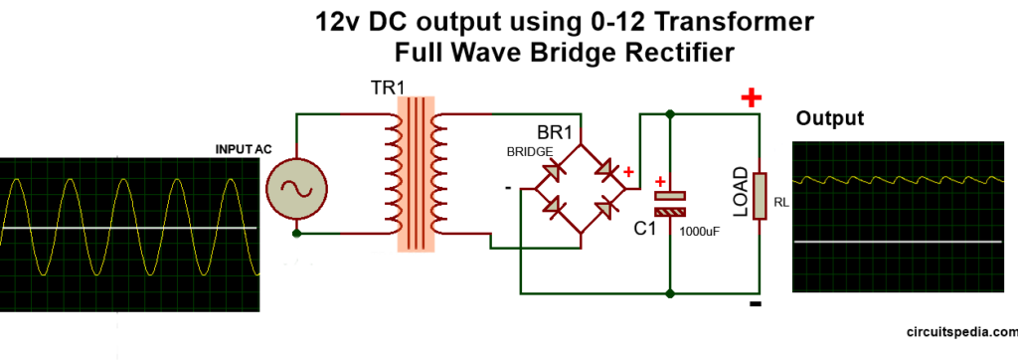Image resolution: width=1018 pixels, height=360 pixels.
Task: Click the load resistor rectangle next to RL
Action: coord(760,194)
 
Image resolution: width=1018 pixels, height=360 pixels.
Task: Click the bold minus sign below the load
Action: coord(755,304)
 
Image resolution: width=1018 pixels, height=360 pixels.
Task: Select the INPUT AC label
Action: coord(244,149)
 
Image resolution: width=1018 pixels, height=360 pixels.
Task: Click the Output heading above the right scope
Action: coord(830,118)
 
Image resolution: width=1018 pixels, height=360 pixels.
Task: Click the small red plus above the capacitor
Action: coord(661,182)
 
